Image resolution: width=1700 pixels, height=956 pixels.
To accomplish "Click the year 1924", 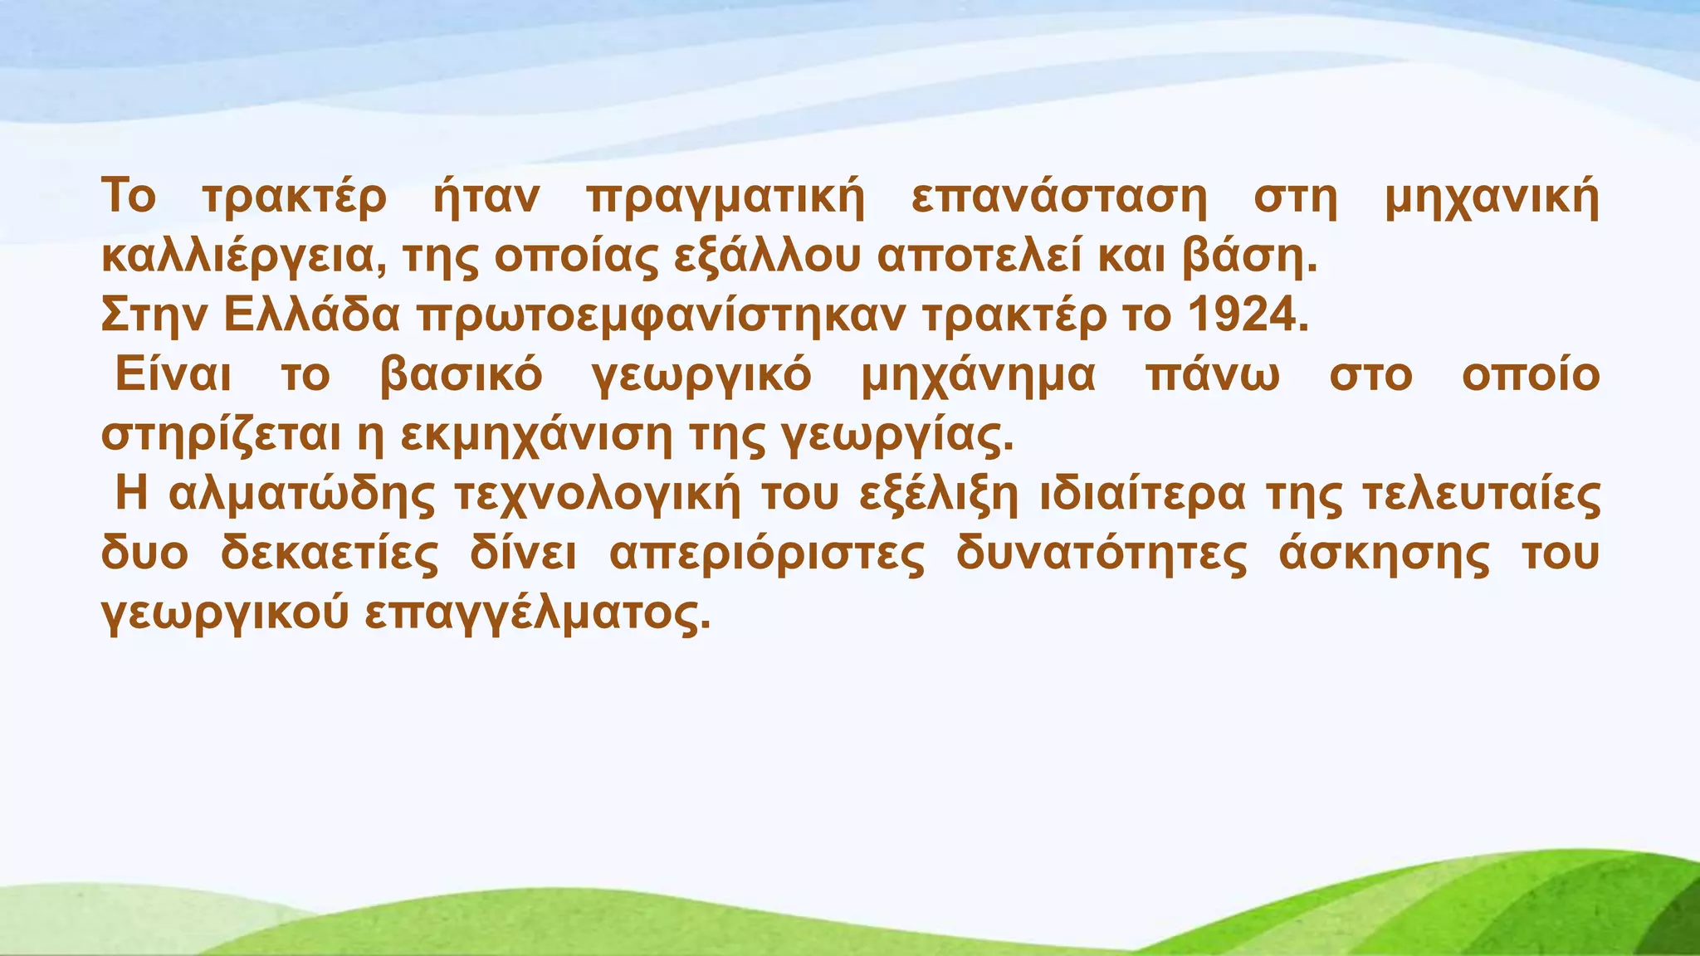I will [x=1248, y=315].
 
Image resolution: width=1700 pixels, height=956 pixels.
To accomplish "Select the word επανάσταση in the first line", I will [x=1059, y=198].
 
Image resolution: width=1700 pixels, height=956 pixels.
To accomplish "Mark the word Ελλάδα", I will [x=312, y=315].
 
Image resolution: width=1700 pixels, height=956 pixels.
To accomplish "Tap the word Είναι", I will [x=173, y=374].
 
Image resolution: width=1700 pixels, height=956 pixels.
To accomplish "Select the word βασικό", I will [x=462, y=376].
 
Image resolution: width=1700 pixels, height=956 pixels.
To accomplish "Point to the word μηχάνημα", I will [x=978, y=376].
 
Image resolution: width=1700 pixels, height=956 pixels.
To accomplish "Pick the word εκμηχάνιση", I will [x=536, y=436].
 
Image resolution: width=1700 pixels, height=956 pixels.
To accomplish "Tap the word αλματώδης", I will [x=301, y=495].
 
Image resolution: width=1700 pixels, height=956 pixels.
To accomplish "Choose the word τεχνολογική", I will [x=597, y=495].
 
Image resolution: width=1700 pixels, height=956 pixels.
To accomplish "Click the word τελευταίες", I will [x=1482, y=495].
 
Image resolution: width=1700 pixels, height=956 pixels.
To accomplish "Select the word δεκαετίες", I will [x=330, y=554].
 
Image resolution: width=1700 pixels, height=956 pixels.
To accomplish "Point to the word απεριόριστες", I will [x=767, y=554].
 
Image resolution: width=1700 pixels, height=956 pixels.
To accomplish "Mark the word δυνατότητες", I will [x=1101, y=554].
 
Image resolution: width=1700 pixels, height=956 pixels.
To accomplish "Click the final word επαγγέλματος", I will [x=538, y=615].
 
